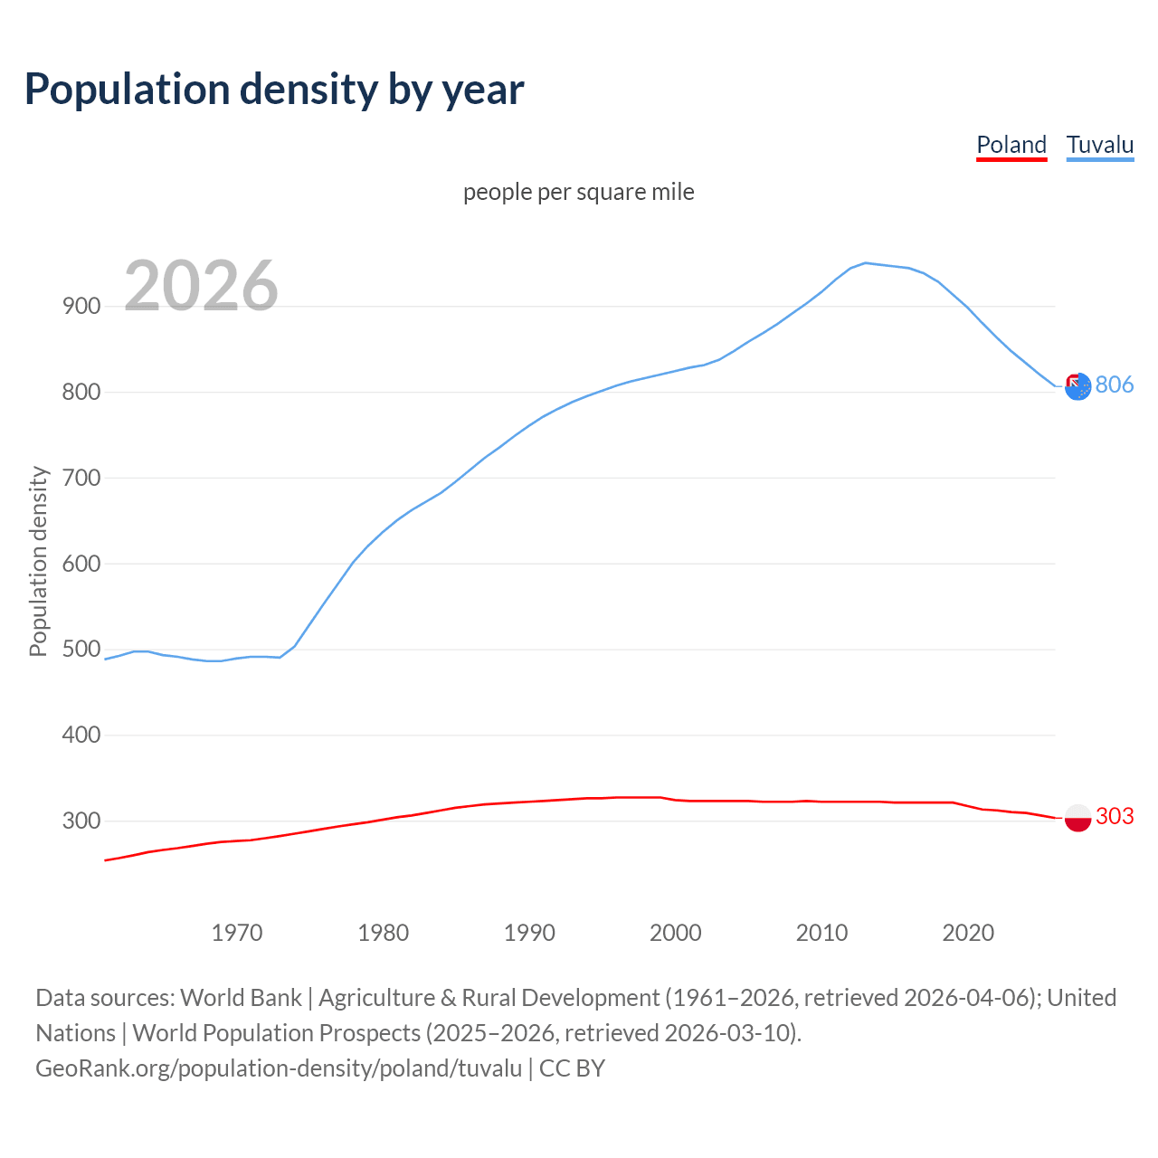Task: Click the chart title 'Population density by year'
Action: pyautogui.click(x=274, y=89)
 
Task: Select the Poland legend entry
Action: pyautogui.click(x=1011, y=145)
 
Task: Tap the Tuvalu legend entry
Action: pyautogui.click(x=1100, y=145)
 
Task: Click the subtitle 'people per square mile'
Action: pyautogui.click(x=579, y=192)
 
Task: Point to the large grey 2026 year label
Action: pyautogui.click(x=201, y=286)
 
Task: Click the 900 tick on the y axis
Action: pyautogui.click(x=81, y=306)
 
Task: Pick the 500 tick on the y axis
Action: pyautogui.click(x=81, y=649)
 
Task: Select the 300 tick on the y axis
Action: pyautogui.click(x=81, y=821)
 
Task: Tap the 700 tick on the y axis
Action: pyautogui.click(x=81, y=478)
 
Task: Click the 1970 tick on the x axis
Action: pyautogui.click(x=237, y=932)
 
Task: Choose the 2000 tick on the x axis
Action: pyautogui.click(x=676, y=932)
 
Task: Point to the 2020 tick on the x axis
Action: pyautogui.click(x=968, y=932)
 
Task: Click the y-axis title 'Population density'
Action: pyautogui.click(x=38, y=561)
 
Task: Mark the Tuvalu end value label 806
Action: pyautogui.click(x=1115, y=384)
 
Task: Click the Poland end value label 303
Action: pyautogui.click(x=1115, y=816)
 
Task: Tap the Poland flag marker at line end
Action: pyautogui.click(x=1077, y=818)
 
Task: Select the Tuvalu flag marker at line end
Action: pyautogui.click(x=1077, y=387)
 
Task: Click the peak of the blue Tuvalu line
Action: pyautogui.click(x=866, y=262)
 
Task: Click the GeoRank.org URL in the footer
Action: pyautogui.click(x=279, y=1068)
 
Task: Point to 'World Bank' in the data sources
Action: pyautogui.click(x=241, y=997)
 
